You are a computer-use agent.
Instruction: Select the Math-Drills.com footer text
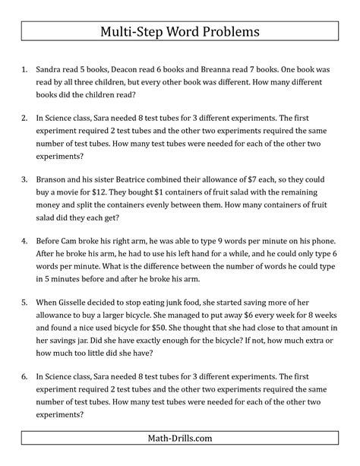(x=179, y=439)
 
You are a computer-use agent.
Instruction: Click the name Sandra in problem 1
(x=51, y=68)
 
